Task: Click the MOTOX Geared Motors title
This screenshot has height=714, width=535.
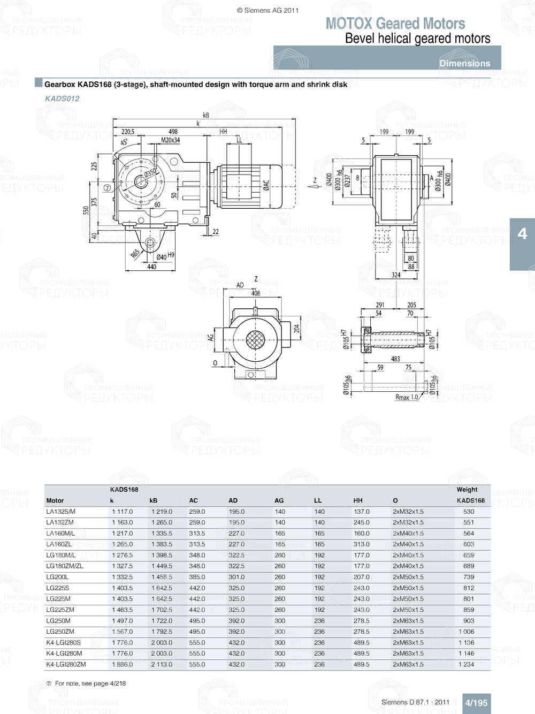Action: (395, 24)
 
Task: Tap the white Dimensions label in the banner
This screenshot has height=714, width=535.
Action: (464, 63)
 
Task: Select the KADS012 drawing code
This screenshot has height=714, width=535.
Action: (62, 98)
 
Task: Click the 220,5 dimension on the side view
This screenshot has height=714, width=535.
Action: (128, 132)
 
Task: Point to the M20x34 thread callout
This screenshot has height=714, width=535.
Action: (171, 140)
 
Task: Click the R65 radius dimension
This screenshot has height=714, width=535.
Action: (136, 253)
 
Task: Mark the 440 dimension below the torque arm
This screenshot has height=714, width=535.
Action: (152, 267)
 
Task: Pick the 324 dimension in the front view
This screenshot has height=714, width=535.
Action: (396, 275)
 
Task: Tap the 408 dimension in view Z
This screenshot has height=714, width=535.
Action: (256, 293)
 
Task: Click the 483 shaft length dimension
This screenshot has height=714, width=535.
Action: (395, 359)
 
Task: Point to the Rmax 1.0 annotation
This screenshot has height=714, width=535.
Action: (407, 397)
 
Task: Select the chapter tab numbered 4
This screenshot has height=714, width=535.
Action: (522, 234)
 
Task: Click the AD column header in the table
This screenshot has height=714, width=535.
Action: (233, 500)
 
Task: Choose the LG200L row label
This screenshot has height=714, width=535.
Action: (57, 577)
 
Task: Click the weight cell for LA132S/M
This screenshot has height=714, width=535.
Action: (469, 512)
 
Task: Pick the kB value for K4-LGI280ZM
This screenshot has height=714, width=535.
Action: (162, 664)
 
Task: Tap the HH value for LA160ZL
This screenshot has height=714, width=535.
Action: (362, 544)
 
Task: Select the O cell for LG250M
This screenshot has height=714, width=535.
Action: (408, 621)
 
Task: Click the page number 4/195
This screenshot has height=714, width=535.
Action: (476, 703)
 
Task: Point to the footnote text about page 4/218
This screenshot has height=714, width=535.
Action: (90, 683)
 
